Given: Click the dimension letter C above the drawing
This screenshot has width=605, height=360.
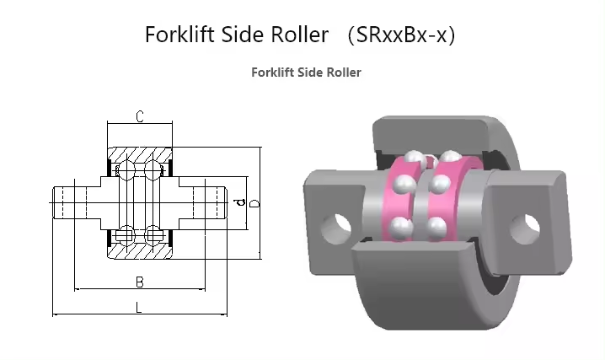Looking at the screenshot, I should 140,116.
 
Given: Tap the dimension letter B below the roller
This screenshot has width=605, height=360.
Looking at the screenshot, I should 140,280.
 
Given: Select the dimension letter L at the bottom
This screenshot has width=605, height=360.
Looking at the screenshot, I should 140,307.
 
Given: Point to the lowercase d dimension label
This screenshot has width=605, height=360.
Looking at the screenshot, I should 238,202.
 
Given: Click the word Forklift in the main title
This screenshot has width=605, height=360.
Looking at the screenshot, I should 180,35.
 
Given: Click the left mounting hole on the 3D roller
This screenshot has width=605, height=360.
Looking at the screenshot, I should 340,223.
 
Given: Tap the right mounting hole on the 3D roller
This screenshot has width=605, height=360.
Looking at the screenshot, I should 529,223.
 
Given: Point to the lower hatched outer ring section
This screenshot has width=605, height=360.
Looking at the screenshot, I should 140,248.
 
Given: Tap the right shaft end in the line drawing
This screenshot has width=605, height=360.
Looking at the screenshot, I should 215,202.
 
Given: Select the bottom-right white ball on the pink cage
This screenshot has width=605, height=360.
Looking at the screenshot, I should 436,226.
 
